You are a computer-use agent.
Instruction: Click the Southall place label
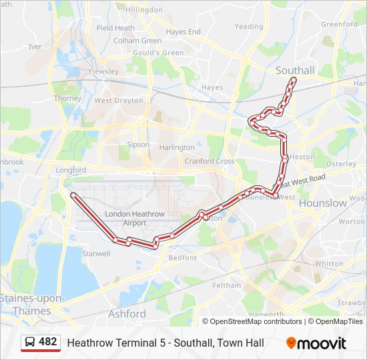[x=295, y=70]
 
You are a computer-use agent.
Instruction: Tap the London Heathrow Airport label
[x=134, y=218]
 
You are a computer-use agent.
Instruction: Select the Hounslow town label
[x=323, y=203]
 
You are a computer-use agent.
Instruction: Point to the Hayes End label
[x=183, y=31]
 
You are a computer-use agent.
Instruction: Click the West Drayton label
[x=119, y=101]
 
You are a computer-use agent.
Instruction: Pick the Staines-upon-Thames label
[x=25, y=304]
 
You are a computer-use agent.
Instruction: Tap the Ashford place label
[x=127, y=313]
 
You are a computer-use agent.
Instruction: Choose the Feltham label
[x=227, y=285]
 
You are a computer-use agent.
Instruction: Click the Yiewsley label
[x=103, y=71]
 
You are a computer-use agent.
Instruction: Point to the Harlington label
[x=177, y=147]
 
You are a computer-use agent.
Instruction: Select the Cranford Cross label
[x=210, y=161]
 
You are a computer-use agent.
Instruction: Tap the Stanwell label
[x=96, y=253]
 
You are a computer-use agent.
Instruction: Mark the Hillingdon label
[x=143, y=10]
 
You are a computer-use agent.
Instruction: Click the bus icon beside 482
[x=30, y=342]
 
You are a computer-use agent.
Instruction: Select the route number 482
[x=48, y=342]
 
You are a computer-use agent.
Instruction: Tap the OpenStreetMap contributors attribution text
[x=254, y=321]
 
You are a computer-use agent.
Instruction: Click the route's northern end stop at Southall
[x=293, y=80]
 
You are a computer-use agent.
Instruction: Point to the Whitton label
[x=328, y=263]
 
